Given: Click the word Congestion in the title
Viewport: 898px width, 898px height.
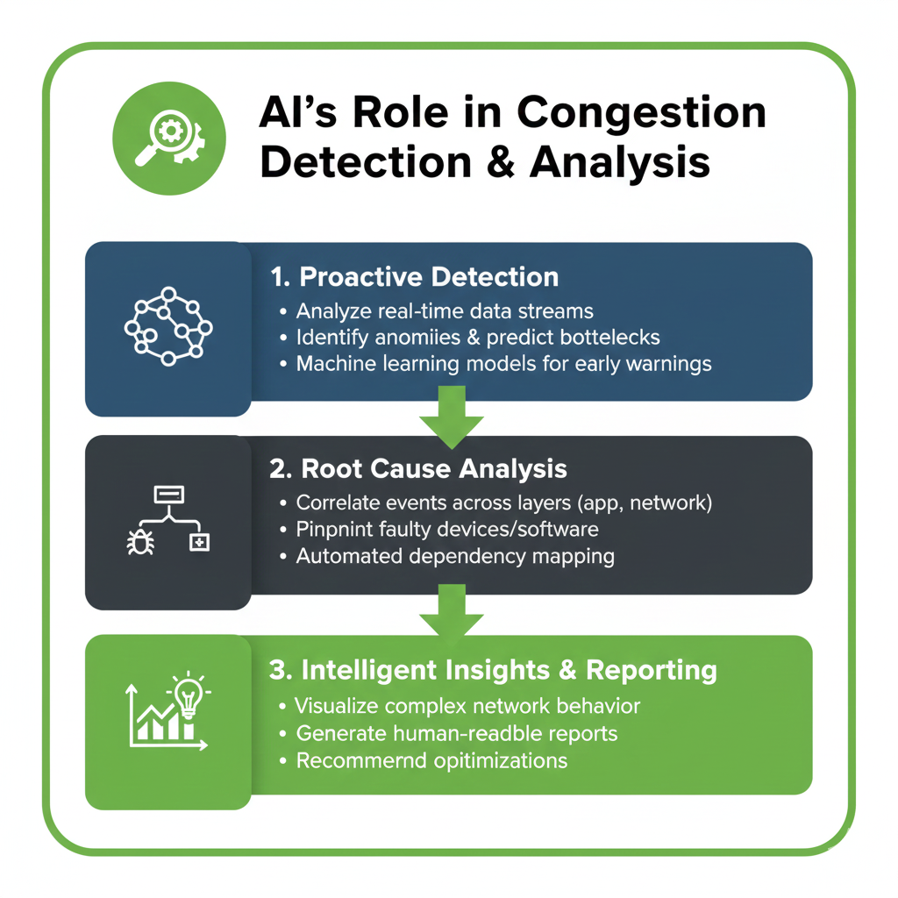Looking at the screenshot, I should (641, 114).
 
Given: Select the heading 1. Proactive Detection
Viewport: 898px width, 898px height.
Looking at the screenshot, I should (414, 277).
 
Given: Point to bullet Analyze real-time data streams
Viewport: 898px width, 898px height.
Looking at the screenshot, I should (445, 311).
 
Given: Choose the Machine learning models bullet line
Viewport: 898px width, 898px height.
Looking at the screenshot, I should (503, 362).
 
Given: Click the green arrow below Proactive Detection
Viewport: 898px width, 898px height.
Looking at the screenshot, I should (452, 420).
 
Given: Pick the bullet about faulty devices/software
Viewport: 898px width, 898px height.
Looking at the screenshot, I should (447, 529).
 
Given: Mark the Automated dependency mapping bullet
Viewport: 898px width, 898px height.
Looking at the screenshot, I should (455, 555).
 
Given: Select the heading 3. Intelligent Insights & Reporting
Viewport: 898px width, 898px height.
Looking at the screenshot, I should (493, 671).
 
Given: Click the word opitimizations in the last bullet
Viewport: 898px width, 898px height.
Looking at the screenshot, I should (501, 760).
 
